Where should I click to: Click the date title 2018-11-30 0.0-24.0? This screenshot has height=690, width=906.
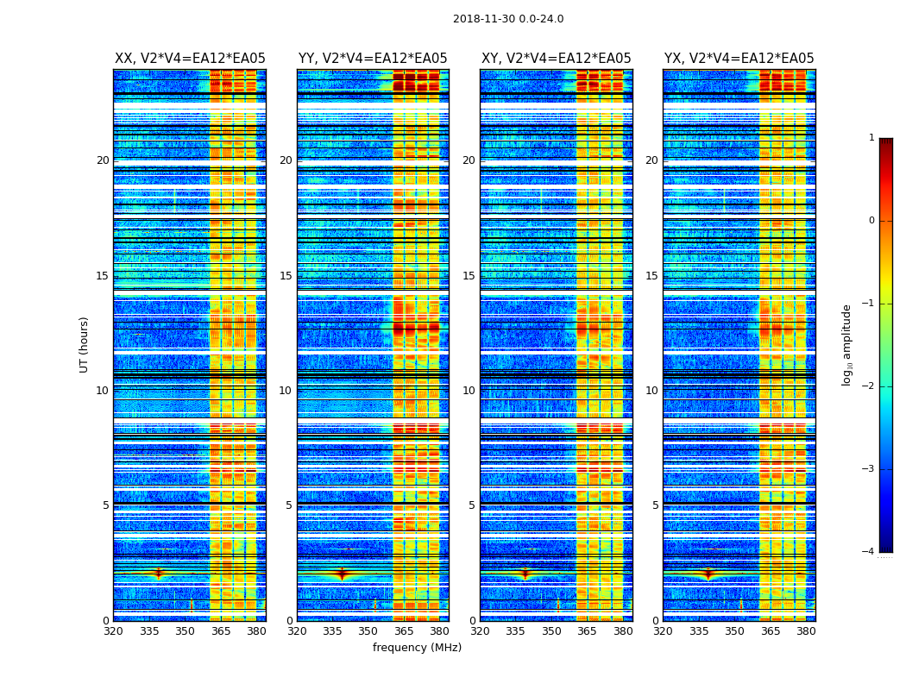coord(508,19)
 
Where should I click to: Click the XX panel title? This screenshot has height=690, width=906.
coord(190,59)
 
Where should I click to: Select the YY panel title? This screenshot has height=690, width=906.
coord(373,59)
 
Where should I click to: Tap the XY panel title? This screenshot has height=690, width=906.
coord(556,59)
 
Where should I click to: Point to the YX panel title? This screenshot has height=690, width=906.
coord(739,59)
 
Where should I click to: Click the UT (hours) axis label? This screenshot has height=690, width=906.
coord(85,344)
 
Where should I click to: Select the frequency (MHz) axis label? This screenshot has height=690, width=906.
coord(417,648)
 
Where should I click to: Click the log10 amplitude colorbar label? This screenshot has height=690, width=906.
coord(847,344)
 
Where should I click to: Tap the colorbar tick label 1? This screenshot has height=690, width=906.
coord(871,138)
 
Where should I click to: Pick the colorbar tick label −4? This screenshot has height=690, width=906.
coord(869,552)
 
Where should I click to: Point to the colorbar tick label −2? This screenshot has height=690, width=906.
coord(869,386)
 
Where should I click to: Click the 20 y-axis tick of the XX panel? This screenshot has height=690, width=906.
coord(103,160)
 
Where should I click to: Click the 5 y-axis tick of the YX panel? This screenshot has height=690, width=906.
coord(655,505)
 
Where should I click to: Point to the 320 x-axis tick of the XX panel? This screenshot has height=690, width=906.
coord(113,631)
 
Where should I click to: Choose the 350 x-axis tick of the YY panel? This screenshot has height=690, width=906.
coord(368,631)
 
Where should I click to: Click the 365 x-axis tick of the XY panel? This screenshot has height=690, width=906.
coord(587,631)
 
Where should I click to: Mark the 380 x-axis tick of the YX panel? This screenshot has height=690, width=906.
coord(806,631)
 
